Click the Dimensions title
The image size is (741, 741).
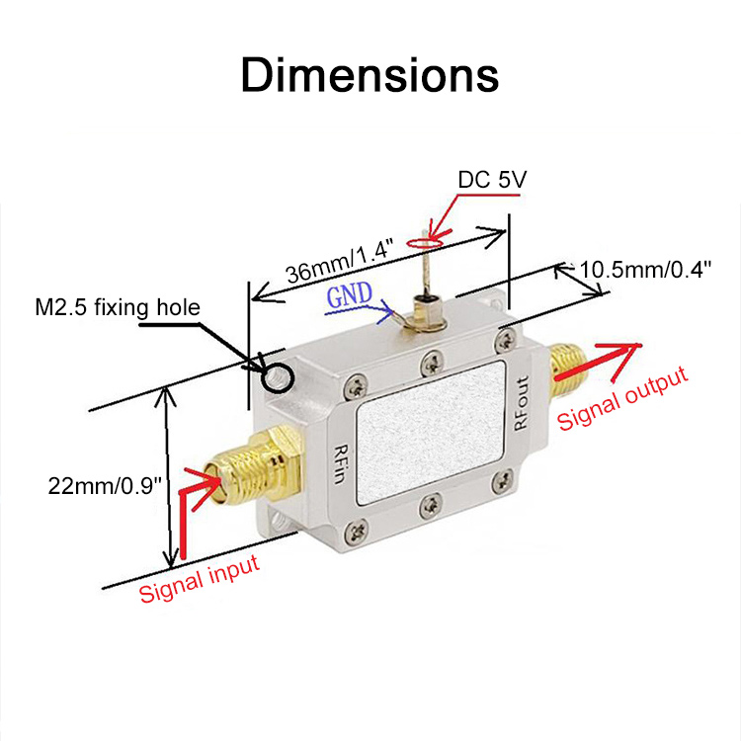pos(370,76)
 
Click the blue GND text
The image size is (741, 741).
pos(351,296)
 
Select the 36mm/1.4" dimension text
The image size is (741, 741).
pos(339,261)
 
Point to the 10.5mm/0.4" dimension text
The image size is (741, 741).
pos(645,269)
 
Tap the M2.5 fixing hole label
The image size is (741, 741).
pos(118,308)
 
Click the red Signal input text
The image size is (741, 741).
pos(200,578)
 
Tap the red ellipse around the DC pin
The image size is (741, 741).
pos(427,240)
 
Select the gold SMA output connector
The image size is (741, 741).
pos(566,363)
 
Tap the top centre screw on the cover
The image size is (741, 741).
pos(428,361)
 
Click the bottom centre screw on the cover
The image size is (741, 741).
pos(430,507)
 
